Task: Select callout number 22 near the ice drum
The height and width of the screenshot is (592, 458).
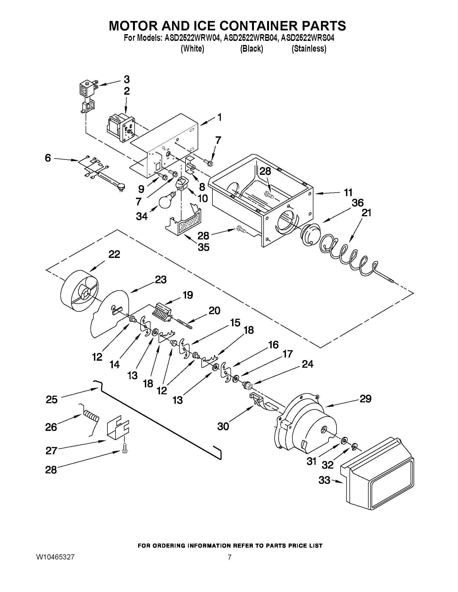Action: pos(114,254)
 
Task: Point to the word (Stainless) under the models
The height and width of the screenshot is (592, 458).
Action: pos(309,48)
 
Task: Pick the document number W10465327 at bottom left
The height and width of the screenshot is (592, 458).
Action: pos(55,557)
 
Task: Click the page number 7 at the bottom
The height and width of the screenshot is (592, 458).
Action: pos(229,557)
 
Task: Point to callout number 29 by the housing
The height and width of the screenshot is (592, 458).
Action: pos(365,399)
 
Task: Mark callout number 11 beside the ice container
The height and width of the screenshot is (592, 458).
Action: pos(348,193)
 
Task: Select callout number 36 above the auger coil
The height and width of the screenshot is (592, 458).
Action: pos(357,203)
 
